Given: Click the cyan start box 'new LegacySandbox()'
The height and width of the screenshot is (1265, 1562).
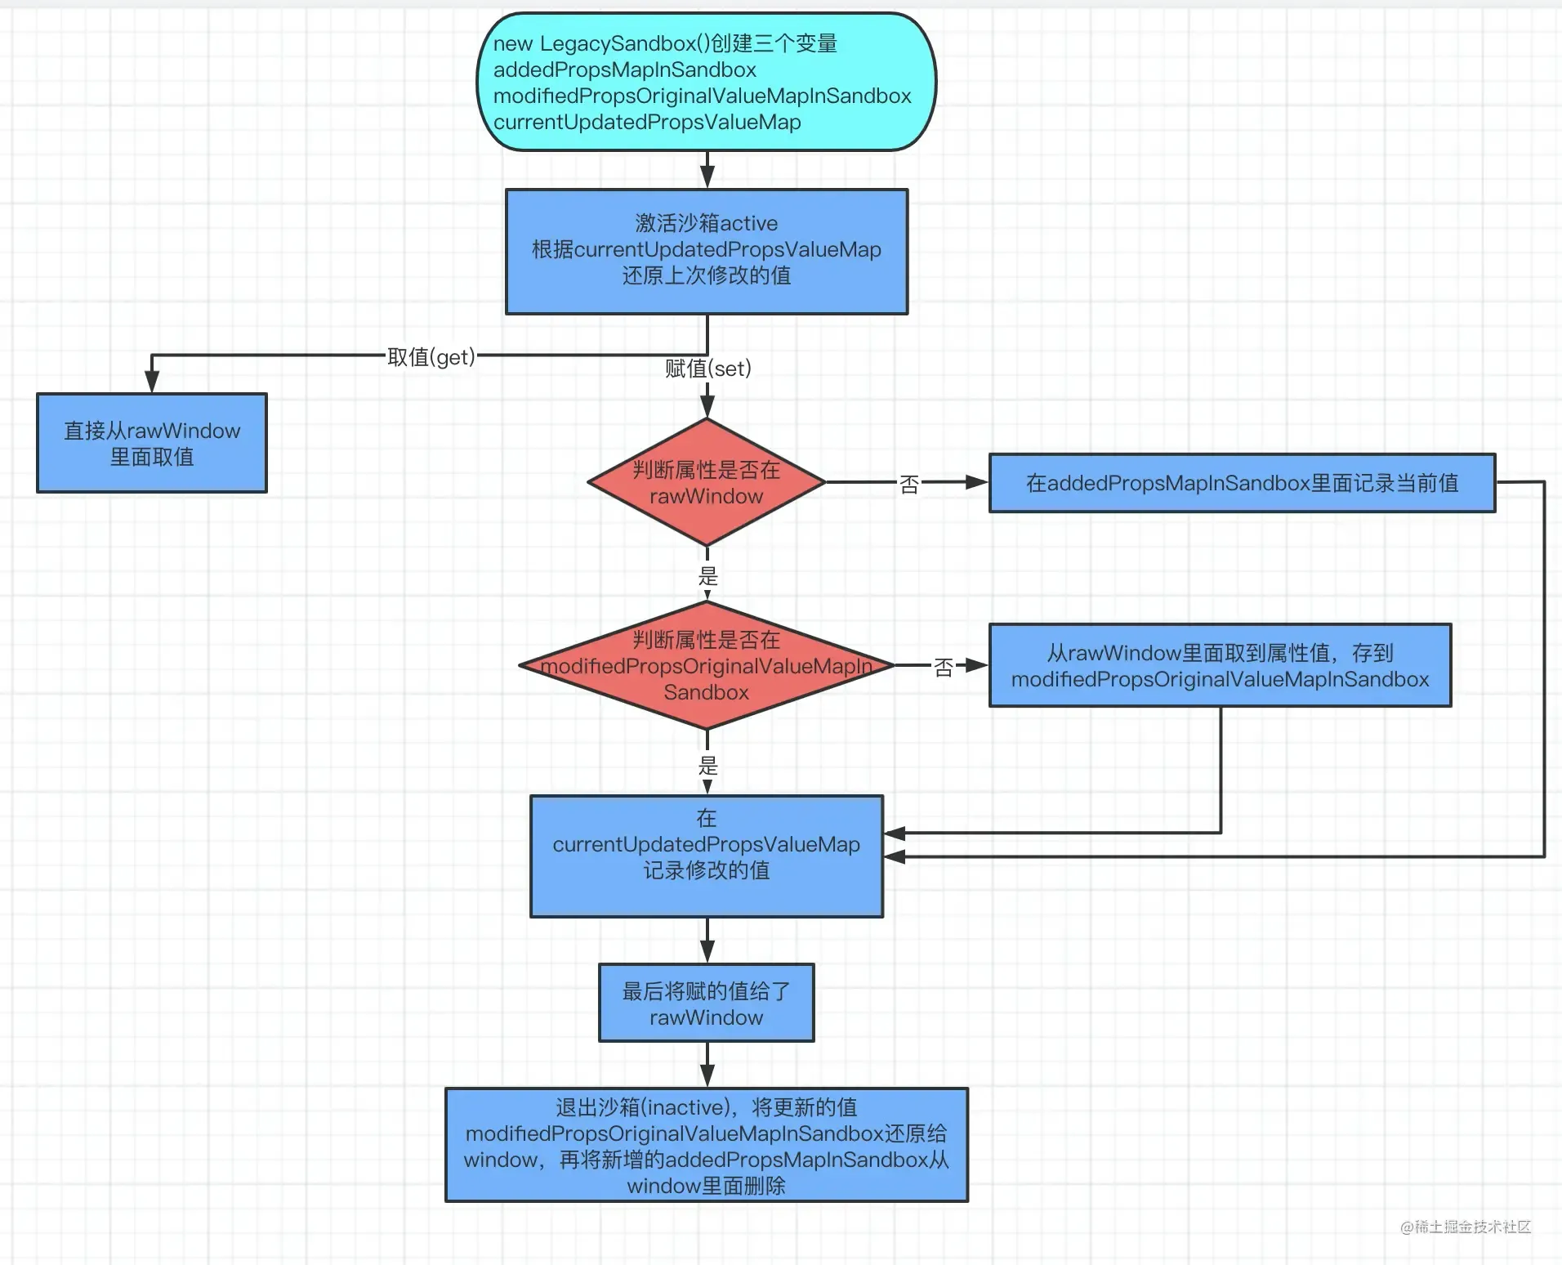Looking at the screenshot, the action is [x=707, y=82].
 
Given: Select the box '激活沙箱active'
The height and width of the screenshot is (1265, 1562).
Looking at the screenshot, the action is [x=707, y=252].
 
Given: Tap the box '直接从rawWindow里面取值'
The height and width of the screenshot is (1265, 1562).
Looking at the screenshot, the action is [x=152, y=443].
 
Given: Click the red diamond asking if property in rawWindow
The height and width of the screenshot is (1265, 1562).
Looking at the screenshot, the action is [x=707, y=482].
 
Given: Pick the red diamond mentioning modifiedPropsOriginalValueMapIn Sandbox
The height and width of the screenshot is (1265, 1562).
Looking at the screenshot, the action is [x=707, y=665].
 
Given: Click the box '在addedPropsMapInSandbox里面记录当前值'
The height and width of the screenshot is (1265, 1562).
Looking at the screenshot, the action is [x=1242, y=483].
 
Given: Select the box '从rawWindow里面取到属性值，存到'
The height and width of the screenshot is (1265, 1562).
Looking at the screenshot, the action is [x=1221, y=665].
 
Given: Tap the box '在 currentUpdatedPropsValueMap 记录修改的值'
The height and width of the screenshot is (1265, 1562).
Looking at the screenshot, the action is [x=707, y=856].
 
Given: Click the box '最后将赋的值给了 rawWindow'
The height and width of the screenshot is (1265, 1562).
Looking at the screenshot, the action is [x=707, y=1003].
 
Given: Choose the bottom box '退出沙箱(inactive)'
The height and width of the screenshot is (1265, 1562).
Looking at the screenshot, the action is [x=707, y=1145].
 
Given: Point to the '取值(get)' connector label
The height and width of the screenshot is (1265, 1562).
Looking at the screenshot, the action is [x=431, y=357].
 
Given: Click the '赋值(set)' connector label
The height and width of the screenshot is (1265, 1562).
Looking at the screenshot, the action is [x=707, y=369].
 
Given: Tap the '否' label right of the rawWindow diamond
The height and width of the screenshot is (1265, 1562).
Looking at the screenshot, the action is [x=909, y=485].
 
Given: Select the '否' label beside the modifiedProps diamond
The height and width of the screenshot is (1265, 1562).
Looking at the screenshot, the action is [x=944, y=668].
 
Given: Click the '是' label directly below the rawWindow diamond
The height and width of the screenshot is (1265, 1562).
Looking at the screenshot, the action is [x=707, y=576].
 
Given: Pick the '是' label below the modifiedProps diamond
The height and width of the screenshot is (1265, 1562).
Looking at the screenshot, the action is [x=707, y=766].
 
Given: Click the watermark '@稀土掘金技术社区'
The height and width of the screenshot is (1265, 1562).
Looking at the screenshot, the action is [x=1466, y=1227].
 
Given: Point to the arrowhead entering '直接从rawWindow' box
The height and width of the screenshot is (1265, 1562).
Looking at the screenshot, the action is [x=152, y=382].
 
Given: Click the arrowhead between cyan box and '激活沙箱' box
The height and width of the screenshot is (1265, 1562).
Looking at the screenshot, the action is [x=707, y=177].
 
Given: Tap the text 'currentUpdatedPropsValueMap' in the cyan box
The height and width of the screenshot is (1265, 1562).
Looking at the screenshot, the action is [x=647, y=122].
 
